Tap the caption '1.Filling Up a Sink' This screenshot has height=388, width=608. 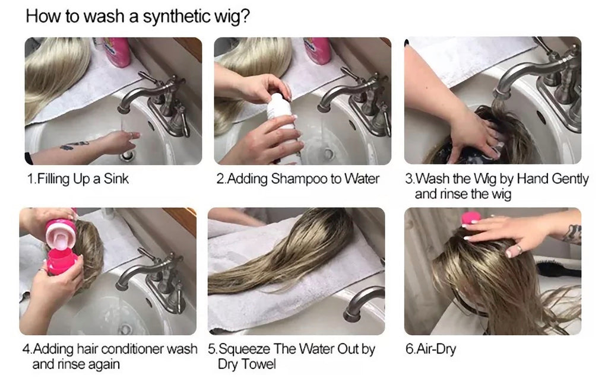[78, 179]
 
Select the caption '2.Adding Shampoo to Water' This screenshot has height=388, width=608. [297, 179]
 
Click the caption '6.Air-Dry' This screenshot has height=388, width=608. [430, 349]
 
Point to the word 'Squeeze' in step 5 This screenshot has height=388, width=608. [252, 349]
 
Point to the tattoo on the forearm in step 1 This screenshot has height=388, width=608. [74, 145]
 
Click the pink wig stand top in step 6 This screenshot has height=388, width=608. [471, 218]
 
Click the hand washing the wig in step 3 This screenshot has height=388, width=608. [475, 131]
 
